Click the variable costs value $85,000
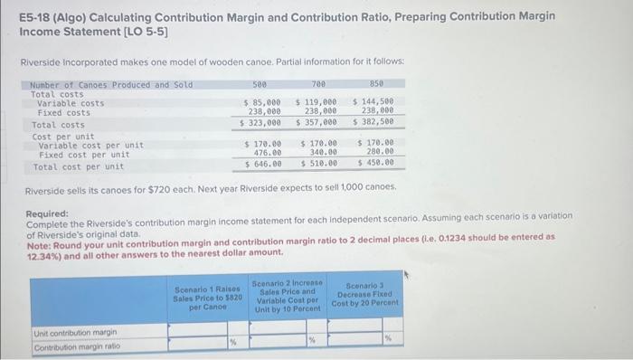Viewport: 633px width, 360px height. [x=263, y=103]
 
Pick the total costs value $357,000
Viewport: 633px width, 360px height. [x=318, y=122]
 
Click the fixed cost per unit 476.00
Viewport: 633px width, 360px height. [x=266, y=153]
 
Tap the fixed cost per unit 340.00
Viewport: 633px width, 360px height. [x=322, y=153]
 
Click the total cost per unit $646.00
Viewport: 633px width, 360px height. [x=263, y=164]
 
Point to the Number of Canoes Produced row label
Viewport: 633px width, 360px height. [x=99, y=85]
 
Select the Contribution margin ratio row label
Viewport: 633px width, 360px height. [x=73, y=347]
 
